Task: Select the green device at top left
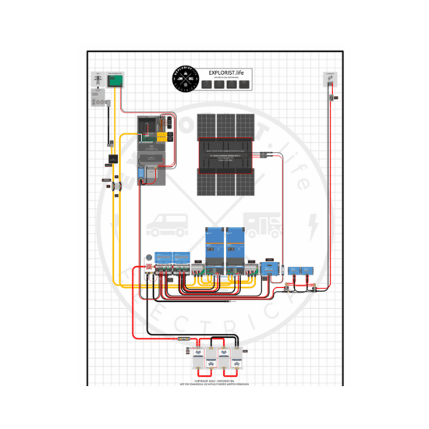(x=116, y=80)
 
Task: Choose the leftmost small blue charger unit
(x=164, y=257)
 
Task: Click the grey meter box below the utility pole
(x=99, y=100)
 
